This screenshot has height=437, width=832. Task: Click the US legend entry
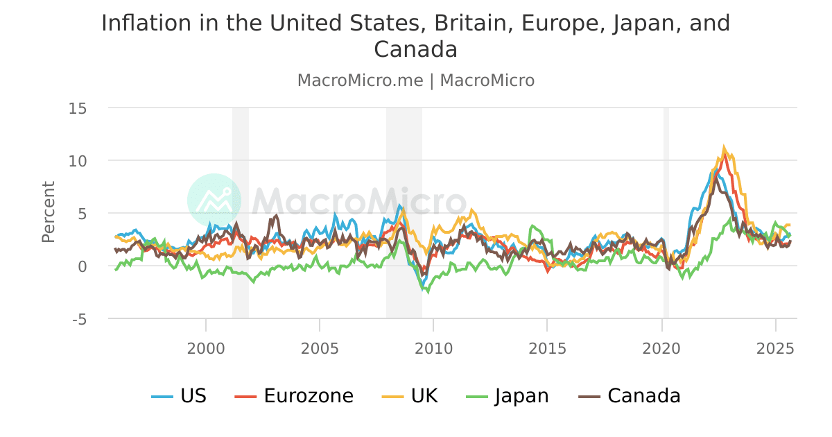[x=179, y=396]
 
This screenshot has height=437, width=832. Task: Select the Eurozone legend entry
[x=295, y=396]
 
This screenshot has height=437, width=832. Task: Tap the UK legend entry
[x=410, y=396]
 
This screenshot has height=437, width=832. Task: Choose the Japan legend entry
[x=508, y=396]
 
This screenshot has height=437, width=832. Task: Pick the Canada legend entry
[x=630, y=396]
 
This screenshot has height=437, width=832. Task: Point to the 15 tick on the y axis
[x=77, y=108]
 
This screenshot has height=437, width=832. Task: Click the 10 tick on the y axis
[x=77, y=161]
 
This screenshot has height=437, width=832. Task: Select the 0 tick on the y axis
[x=82, y=266]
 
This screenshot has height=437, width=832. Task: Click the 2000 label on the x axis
[x=206, y=346]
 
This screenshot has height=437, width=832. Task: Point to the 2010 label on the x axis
[x=433, y=346]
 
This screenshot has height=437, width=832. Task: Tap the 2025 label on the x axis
[x=774, y=346]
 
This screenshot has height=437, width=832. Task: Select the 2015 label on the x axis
[x=547, y=346]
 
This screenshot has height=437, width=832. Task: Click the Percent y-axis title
[x=48, y=212]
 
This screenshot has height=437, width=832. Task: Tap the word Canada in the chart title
[x=415, y=49]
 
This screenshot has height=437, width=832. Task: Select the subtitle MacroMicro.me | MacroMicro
[x=416, y=80]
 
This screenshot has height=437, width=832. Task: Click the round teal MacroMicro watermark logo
[x=214, y=200]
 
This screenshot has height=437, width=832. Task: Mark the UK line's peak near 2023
[x=725, y=147]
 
